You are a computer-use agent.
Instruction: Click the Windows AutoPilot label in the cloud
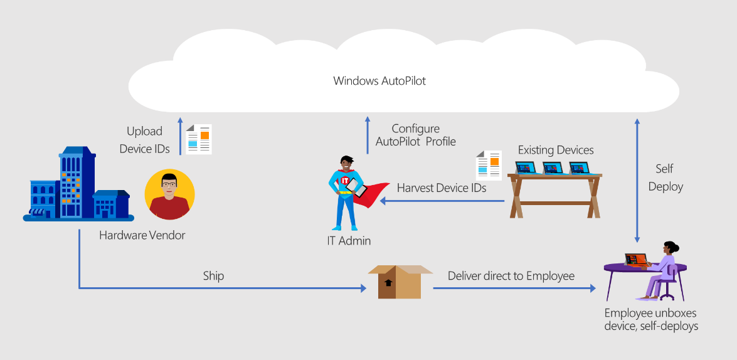379,81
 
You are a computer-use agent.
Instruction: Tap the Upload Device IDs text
144,140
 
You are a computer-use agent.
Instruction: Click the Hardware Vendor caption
142,235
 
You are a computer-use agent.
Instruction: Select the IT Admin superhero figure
344,192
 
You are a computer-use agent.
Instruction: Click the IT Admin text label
349,241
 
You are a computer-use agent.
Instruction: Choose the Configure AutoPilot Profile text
415,135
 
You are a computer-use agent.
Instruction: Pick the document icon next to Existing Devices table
489,165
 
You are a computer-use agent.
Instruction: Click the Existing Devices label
555,150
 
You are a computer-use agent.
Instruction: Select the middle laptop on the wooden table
553,168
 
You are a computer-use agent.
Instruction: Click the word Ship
213,276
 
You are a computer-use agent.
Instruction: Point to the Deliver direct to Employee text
511,276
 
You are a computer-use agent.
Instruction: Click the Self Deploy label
665,177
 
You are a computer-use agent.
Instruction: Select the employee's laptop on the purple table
635,260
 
